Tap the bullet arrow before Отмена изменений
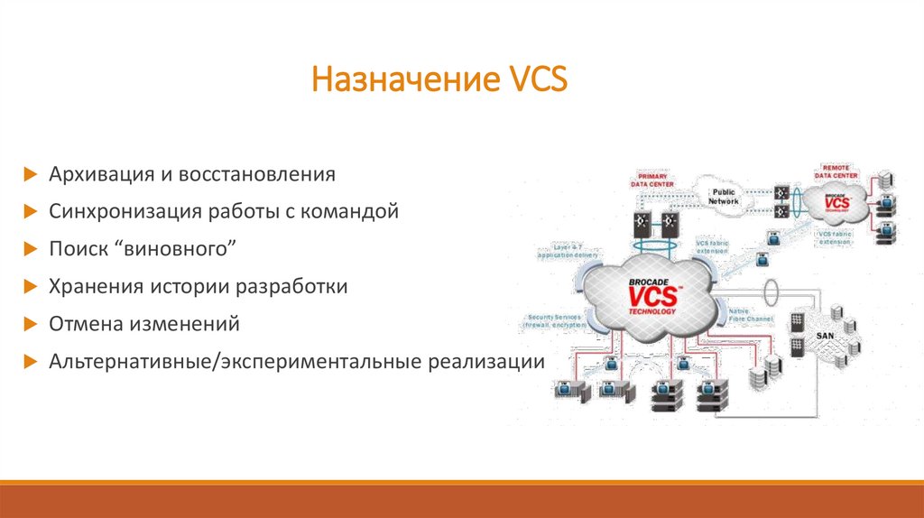(30, 323)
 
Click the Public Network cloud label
(724, 197)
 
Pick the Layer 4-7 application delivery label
(567, 252)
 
